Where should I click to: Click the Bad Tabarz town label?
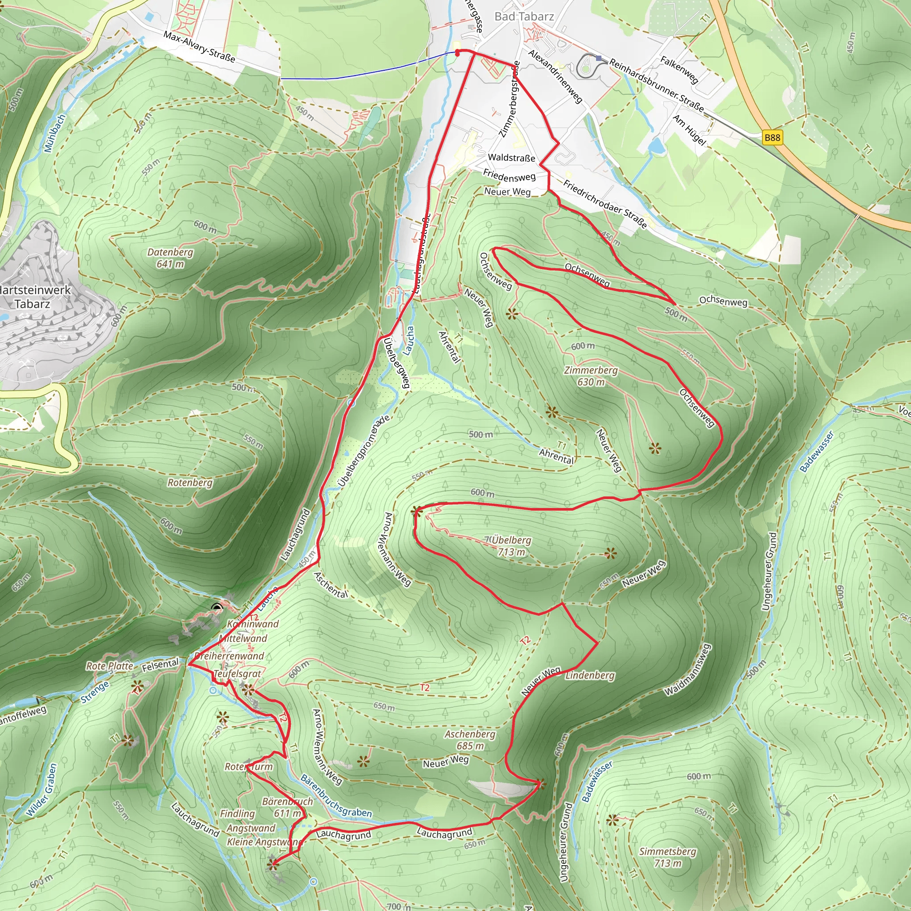(x=524, y=16)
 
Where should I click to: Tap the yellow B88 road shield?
(x=772, y=138)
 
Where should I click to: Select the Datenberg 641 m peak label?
(x=170, y=258)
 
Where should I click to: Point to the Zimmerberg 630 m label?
(x=591, y=376)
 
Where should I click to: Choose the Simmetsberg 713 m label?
(x=667, y=857)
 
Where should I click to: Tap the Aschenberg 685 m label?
(x=470, y=740)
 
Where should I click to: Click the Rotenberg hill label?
(x=190, y=482)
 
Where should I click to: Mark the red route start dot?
(x=457, y=53)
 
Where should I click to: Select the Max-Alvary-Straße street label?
(x=199, y=47)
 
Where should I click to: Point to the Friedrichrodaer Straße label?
(x=605, y=204)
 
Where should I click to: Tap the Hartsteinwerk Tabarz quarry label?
(x=33, y=297)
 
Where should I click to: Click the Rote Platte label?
(x=109, y=666)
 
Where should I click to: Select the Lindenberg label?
(x=590, y=675)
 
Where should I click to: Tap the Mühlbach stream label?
(x=55, y=133)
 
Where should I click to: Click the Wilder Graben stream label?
(x=41, y=790)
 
